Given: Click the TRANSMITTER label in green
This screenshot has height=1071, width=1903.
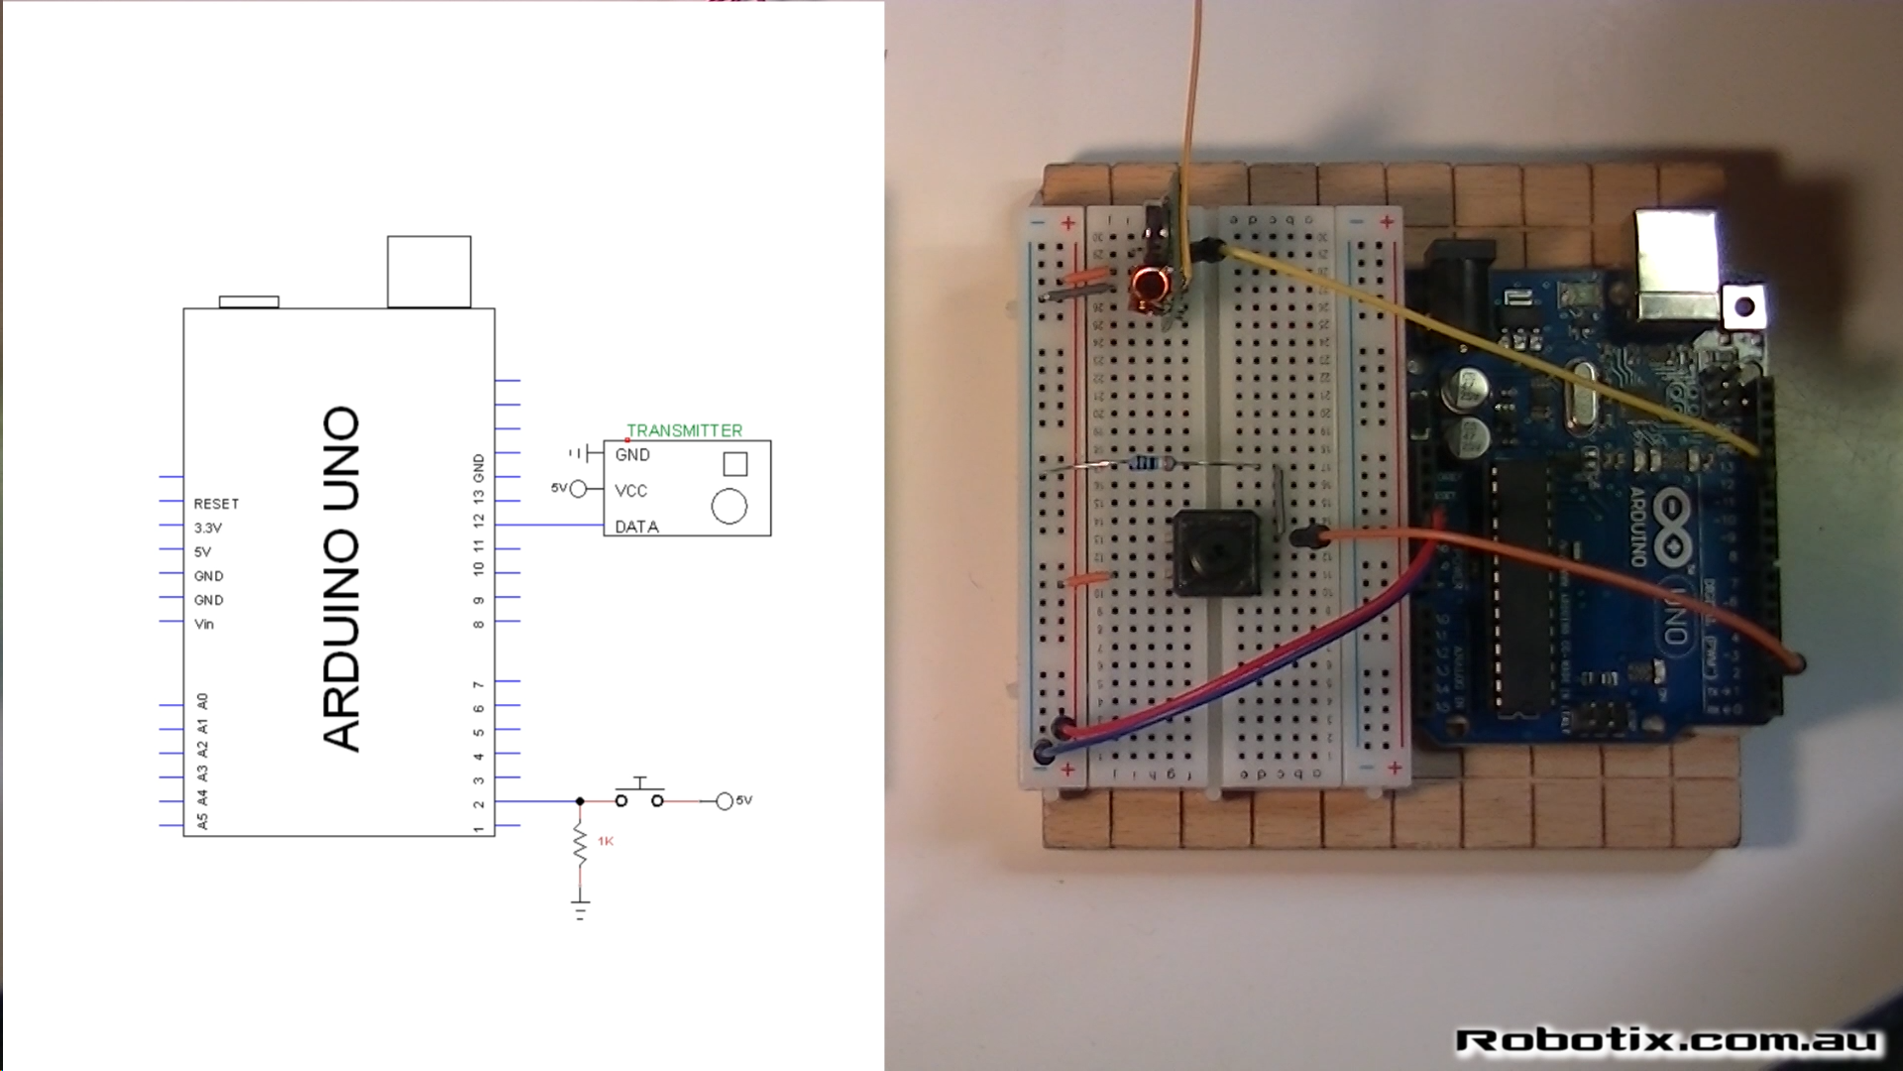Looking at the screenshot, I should [x=684, y=430].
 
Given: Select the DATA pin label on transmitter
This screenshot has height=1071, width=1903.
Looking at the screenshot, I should [x=636, y=527].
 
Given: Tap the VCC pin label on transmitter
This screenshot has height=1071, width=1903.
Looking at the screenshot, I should [x=630, y=491].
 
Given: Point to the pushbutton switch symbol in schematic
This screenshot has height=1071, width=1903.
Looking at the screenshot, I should [x=640, y=795].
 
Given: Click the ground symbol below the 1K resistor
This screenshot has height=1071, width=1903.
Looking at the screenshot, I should [x=581, y=908].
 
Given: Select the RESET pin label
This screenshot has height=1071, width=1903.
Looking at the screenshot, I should [x=216, y=504].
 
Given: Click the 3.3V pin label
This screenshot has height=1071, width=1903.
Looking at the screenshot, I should [x=208, y=528].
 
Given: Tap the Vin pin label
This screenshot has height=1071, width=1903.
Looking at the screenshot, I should [x=204, y=624].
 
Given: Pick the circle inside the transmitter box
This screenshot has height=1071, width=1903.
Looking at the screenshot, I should [x=728, y=507].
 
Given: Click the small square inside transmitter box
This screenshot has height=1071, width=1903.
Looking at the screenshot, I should [x=735, y=463].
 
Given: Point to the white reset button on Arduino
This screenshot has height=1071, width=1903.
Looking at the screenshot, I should [x=1745, y=307].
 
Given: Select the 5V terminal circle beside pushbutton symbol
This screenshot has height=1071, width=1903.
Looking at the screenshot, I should [x=725, y=801].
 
